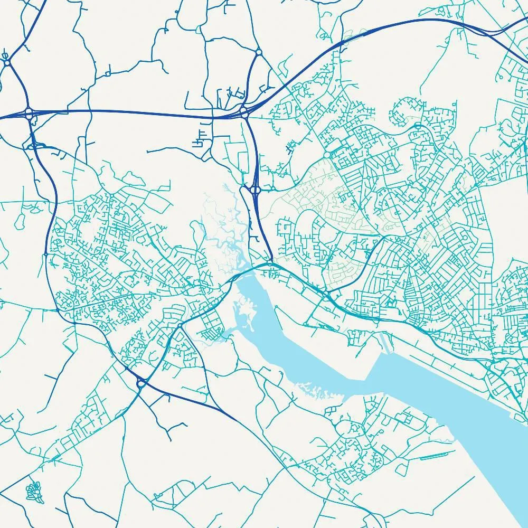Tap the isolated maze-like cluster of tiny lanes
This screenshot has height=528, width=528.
[x=33, y=492]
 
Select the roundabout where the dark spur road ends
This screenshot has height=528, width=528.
[x=269, y=262]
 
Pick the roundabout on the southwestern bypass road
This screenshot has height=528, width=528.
[x=140, y=384]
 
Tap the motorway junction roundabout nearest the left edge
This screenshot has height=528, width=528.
[x=29, y=112]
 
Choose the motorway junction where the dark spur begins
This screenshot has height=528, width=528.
[x=244, y=112]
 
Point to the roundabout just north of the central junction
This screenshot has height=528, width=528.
[x=258, y=52]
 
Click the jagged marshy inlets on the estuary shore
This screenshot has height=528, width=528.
[x=317, y=391]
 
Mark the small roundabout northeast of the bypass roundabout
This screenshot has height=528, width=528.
[x=180, y=326]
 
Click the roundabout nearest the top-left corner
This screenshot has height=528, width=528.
[x=7, y=62]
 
